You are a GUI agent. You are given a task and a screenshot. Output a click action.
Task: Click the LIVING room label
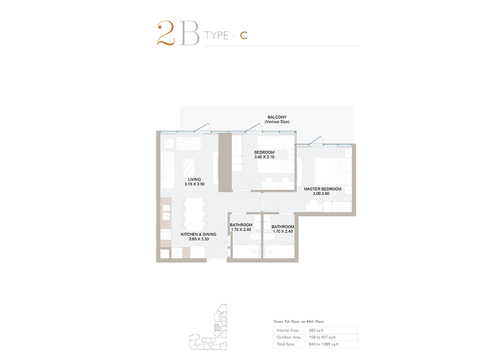point(195,179)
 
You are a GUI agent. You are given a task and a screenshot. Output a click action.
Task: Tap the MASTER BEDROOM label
point(323,189)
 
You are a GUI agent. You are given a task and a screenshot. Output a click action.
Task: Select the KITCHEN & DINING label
point(198,234)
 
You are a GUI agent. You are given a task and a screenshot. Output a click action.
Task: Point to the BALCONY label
point(277,117)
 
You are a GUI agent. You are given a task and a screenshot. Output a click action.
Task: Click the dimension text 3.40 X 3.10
point(264,157)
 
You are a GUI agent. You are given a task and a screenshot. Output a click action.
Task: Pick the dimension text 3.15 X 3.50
point(195,184)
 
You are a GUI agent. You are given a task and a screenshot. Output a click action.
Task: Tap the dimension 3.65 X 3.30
point(199,239)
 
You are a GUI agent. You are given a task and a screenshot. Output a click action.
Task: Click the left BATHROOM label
point(241,225)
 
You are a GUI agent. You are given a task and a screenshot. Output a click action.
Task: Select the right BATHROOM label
point(283,226)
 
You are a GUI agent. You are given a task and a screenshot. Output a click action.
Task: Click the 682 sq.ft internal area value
point(316,330)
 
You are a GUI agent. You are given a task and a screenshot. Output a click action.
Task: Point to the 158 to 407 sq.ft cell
point(322,337)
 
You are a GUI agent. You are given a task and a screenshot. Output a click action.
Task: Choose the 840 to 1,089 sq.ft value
point(324,344)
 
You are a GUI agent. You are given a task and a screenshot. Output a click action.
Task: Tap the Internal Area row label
point(288,330)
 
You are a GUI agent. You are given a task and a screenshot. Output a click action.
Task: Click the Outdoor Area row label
point(289,337)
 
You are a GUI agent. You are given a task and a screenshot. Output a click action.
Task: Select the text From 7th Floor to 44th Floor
point(299,322)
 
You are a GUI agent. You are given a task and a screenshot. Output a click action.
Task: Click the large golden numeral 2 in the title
point(165,33)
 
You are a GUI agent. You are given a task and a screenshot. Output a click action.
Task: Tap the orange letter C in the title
point(244,35)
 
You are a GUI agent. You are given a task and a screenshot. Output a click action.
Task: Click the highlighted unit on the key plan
point(217,327)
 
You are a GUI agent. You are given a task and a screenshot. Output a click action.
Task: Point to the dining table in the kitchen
point(195,214)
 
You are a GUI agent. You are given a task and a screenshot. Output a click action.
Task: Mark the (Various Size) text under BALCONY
point(277,122)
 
